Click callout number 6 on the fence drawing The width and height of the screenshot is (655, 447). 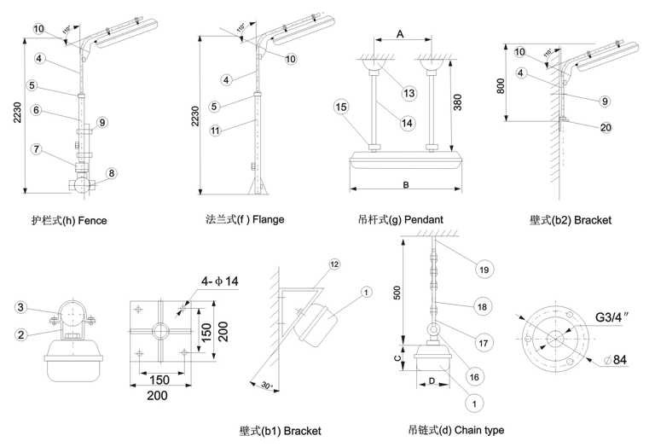(37, 110)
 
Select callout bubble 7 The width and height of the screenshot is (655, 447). (37, 149)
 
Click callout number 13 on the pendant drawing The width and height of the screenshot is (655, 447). (409, 92)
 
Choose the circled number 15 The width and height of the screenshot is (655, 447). (340, 107)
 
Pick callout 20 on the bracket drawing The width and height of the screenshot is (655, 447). (606, 128)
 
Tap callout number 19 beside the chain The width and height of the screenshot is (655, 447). (484, 270)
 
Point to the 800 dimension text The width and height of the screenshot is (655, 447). (501, 84)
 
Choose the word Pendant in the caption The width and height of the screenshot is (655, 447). (423, 220)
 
